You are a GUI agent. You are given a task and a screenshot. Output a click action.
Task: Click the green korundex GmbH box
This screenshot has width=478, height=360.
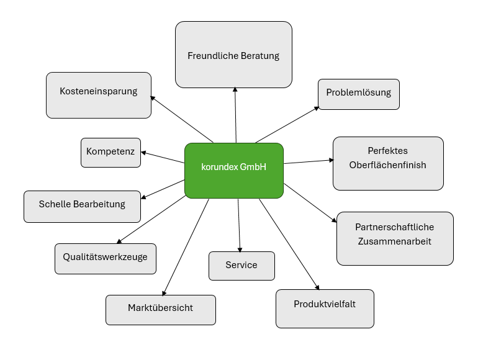point(234,171)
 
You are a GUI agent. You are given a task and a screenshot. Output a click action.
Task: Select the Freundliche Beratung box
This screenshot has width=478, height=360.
point(233,55)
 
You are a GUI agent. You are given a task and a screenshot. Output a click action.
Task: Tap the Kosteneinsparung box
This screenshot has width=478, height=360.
point(98,95)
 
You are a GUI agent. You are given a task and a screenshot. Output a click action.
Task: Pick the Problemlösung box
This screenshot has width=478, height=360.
point(359,94)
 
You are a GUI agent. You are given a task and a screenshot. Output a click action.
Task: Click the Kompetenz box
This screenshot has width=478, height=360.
point(110,152)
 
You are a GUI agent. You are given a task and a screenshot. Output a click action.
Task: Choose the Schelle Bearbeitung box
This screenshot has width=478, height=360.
point(82,206)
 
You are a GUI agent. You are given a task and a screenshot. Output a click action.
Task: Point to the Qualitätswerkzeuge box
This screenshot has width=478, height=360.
point(105,258)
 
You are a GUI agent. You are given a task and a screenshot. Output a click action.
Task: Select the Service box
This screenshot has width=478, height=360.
point(241,266)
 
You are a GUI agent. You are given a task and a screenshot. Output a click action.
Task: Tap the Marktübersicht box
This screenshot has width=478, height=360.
point(160,309)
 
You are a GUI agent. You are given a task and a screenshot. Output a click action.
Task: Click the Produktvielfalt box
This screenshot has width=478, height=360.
point(325,308)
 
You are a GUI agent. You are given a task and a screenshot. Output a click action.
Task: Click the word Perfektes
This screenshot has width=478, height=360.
point(388,151)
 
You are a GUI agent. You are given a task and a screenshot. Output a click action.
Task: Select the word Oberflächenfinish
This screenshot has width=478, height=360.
point(388,165)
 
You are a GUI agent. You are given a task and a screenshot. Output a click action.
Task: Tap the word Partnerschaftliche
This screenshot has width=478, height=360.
point(394,227)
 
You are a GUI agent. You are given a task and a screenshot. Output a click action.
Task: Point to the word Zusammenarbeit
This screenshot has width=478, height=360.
point(394,241)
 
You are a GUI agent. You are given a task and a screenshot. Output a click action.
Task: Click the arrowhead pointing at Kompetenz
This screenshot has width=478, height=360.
point(144,152)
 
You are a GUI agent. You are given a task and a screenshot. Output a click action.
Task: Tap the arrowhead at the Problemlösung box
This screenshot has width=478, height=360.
point(316,108)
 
